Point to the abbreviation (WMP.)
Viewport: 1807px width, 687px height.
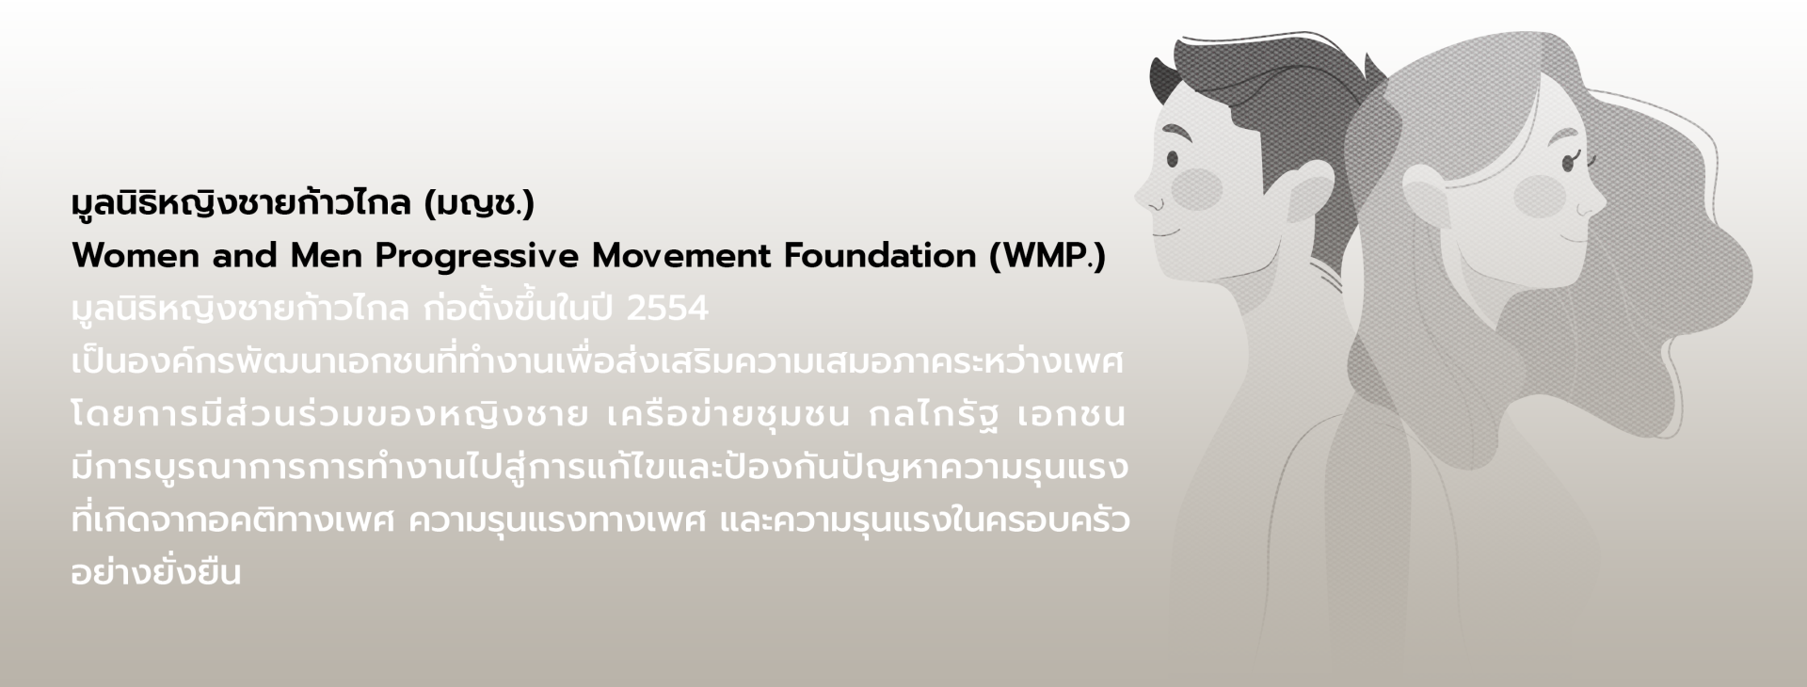click(x=1047, y=257)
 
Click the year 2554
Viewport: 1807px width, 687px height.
click(x=666, y=309)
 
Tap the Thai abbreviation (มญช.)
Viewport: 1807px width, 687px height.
click(x=479, y=204)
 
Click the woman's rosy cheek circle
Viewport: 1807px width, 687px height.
click(x=1539, y=196)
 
